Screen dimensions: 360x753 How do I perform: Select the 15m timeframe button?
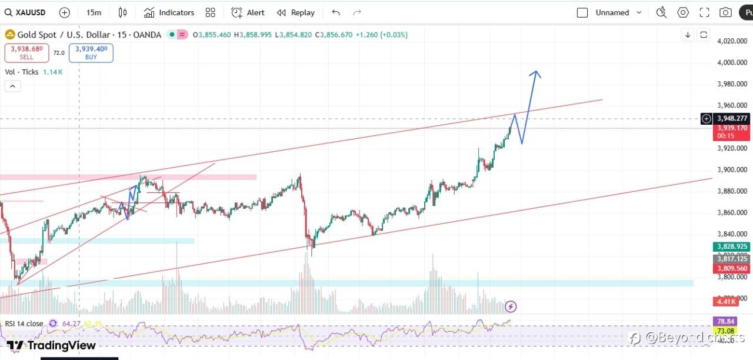click(94, 12)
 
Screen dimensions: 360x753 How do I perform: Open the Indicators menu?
click(169, 12)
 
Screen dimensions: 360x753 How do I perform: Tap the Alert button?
click(248, 12)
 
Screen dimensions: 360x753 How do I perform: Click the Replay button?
click(296, 12)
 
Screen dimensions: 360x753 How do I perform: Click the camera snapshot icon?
click(725, 12)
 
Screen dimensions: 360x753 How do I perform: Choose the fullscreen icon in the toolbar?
click(704, 12)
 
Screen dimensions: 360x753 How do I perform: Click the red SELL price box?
click(26, 53)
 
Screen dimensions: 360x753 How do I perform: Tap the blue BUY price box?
click(91, 53)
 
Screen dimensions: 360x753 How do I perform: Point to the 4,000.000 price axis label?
click(732, 62)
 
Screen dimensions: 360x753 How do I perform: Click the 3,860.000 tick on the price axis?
click(732, 212)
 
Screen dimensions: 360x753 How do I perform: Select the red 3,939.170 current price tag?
click(732, 128)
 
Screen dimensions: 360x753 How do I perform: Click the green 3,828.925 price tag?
click(732, 246)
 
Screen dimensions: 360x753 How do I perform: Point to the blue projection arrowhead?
click(535, 74)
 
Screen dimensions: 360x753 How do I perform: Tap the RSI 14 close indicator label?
click(24, 324)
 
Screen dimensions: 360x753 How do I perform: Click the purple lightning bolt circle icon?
click(511, 306)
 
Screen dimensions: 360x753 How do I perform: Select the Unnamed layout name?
click(612, 12)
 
